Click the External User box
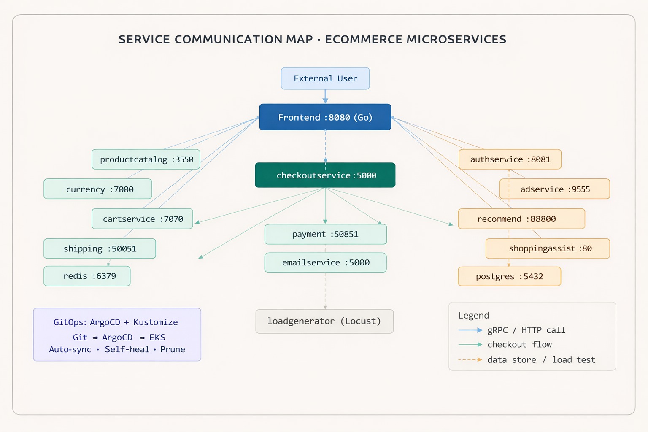click(325, 78)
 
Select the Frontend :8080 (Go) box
click(325, 117)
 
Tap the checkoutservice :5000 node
click(325, 175)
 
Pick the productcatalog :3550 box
click(146, 159)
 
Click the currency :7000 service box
click(98, 189)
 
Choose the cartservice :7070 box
click(143, 219)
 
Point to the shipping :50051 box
click(100, 248)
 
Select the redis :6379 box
click(87, 276)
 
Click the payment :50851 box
click(325, 234)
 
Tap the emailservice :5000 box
click(325, 262)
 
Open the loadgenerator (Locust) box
click(324, 321)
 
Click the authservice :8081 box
click(510, 159)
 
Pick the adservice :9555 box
click(554, 189)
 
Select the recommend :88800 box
click(521, 219)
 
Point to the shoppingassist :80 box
click(548, 248)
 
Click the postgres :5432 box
click(509, 276)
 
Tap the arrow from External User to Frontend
click(325, 96)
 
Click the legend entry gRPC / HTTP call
click(526, 330)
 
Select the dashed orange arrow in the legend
click(470, 360)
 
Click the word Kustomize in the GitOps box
click(156, 322)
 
